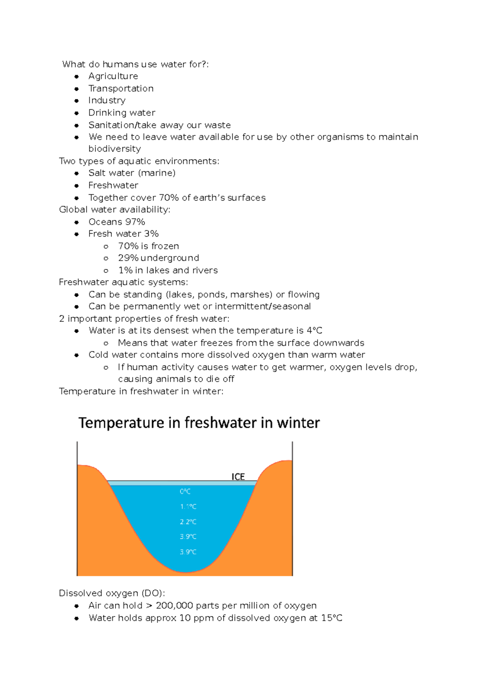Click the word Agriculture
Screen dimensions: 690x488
113,76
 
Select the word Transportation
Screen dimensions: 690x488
121,89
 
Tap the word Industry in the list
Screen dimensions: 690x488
107,100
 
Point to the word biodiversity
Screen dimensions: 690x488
115,149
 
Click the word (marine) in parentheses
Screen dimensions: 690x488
157,173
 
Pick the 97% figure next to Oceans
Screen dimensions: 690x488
135,222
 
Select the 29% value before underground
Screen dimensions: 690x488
128,258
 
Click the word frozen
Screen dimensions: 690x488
165,246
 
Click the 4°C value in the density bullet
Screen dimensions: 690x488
314,331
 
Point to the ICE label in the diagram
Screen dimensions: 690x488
238,477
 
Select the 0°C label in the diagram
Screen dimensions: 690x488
185,491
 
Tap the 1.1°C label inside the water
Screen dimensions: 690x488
188,507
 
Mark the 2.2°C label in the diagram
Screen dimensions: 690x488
188,522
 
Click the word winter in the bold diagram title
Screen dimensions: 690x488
298,423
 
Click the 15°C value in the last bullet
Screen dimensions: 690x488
332,618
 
